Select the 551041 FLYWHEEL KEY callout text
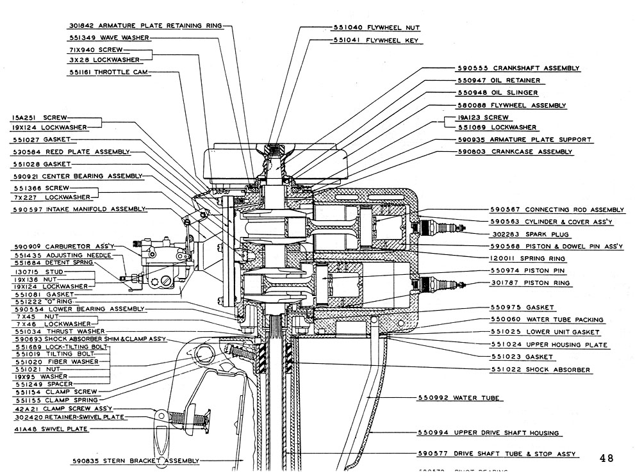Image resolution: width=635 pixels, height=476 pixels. click(x=375, y=40)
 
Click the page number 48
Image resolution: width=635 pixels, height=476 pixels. click(x=606, y=458)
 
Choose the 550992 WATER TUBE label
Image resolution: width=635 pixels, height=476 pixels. click(x=476, y=398)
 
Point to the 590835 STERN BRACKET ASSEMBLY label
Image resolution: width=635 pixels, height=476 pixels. click(x=135, y=461)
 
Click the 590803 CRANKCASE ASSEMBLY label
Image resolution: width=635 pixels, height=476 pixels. click(x=515, y=152)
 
